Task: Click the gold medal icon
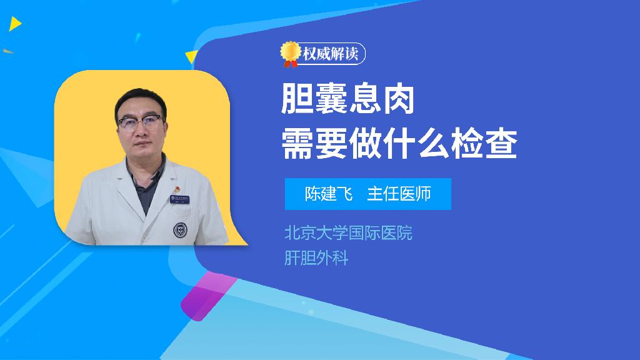[290, 54]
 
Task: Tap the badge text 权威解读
[331, 54]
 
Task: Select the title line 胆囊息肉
[348, 99]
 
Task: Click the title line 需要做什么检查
[399, 144]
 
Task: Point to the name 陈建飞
[329, 194]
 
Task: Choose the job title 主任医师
[399, 194]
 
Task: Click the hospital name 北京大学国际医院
[349, 233]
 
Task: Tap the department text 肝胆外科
[316, 258]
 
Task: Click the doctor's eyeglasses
[141, 122]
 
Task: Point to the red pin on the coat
[177, 189]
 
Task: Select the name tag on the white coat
[179, 199]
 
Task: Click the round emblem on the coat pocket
[179, 230]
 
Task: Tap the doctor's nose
[141, 132]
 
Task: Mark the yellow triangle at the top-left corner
[15, 24]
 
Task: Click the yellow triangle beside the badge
[191, 57]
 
